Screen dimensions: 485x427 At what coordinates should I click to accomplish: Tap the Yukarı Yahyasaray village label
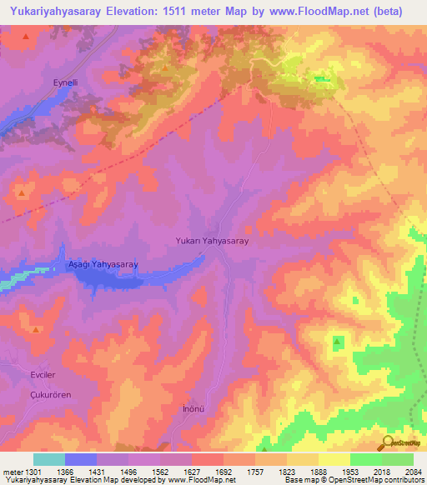212,240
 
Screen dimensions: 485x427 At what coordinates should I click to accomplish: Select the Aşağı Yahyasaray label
102,264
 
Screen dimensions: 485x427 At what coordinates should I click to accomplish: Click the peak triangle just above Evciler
36,330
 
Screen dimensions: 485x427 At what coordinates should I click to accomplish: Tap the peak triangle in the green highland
338,341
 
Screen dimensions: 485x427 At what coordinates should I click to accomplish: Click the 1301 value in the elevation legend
33,471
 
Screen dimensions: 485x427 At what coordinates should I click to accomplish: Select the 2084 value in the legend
414,471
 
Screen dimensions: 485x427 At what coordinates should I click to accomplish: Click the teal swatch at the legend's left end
49,459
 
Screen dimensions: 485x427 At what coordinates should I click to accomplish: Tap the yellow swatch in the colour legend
334,459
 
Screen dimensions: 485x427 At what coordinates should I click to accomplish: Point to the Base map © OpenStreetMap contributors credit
353,480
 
